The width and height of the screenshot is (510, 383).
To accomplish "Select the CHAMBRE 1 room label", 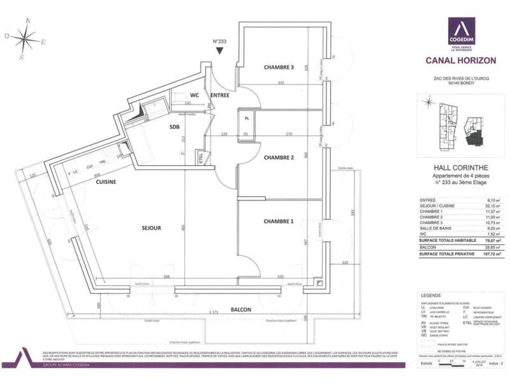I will pyautogui.click(x=279, y=222).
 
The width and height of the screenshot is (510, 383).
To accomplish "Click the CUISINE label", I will pyautogui.click(x=105, y=181).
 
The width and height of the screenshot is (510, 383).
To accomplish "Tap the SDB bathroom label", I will pyautogui.click(x=173, y=126).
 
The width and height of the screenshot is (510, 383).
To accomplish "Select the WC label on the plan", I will pyautogui.click(x=195, y=95).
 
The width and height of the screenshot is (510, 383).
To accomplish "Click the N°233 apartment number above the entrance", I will pyautogui.click(x=219, y=43).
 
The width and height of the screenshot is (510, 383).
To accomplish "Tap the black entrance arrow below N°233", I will pyautogui.click(x=219, y=52).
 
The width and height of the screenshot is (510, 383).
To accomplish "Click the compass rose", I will pyautogui.click(x=25, y=40).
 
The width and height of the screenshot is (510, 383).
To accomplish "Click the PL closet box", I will pyautogui.click(x=246, y=117).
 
